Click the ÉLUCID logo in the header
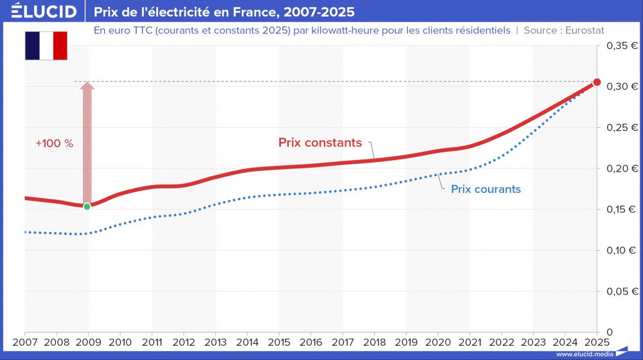[44, 12]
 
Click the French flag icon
[46, 45]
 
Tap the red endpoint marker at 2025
[597, 82]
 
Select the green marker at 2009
[87, 206]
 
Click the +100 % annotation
[54, 143]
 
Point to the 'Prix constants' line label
[320, 143]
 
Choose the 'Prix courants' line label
[485, 189]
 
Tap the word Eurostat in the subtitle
[584, 30]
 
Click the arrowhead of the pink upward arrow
[87, 87]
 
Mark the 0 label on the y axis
[608, 332]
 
